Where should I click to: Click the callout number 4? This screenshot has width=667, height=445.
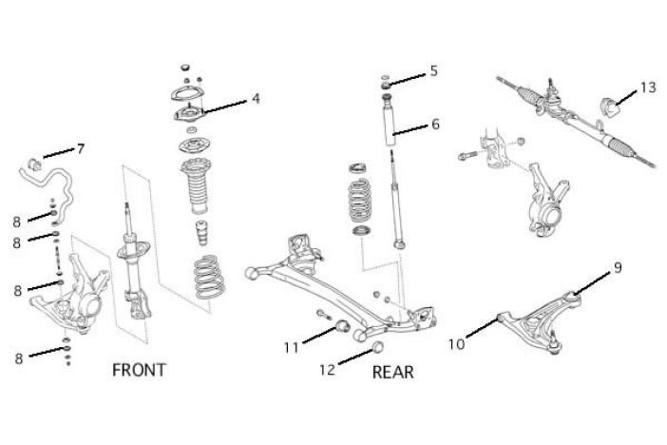[256, 97]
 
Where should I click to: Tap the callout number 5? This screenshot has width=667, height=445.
[433, 71]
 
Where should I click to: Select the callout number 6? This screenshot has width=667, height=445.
[435, 124]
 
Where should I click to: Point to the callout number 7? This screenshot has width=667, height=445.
[81, 148]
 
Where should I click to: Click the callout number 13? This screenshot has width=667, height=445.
[647, 87]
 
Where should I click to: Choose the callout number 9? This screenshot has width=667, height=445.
[617, 267]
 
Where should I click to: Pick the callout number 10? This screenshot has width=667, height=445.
[456, 343]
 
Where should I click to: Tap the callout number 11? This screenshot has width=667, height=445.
[291, 347]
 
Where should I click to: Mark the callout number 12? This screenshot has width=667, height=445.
[328, 371]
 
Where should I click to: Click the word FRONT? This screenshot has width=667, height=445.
[139, 369]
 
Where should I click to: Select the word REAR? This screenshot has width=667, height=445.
[392, 372]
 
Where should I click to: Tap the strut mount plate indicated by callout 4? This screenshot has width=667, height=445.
[187, 115]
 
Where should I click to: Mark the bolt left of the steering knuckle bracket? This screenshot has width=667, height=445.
[465, 156]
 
